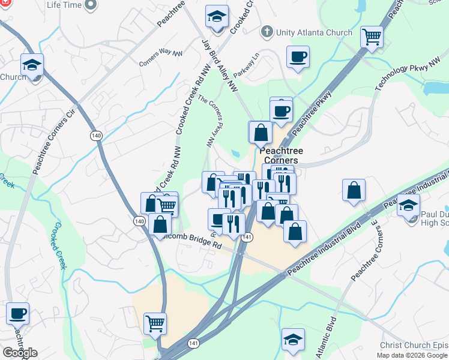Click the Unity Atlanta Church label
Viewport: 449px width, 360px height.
(314, 32)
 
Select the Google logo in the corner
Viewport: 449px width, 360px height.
(20, 353)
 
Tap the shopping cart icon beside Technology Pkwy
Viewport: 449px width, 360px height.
(372, 37)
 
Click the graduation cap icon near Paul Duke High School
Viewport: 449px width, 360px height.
(408, 205)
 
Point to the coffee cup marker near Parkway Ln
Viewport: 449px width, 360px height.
(298, 57)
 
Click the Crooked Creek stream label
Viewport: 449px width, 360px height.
(58, 245)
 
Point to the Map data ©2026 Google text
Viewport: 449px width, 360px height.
(412, 355)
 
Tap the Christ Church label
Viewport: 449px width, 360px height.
(414, 346)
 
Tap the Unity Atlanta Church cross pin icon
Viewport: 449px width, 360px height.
(266, 31)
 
